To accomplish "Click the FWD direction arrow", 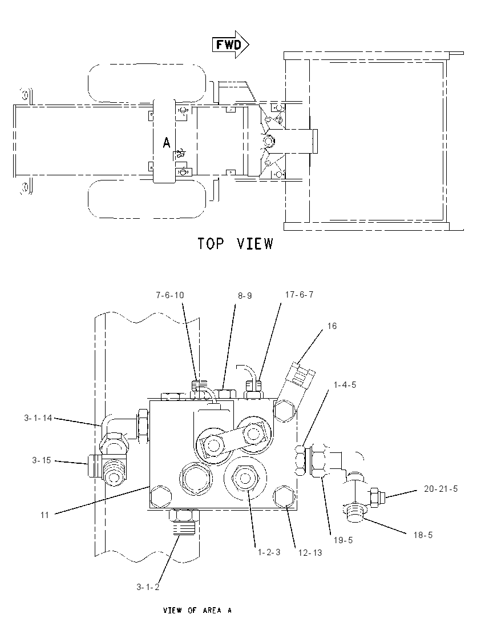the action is point(231,45).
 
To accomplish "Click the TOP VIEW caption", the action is point(235,243).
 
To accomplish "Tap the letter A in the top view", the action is point(167,142).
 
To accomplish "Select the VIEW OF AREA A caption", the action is point(197,610).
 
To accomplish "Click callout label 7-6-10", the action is point(170,295).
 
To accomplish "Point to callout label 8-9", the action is point(245,296).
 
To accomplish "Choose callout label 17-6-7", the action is point(299,294).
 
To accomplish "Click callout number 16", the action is point(332,326).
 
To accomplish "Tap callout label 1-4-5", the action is point(345,385).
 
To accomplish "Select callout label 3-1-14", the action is point(38,418).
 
